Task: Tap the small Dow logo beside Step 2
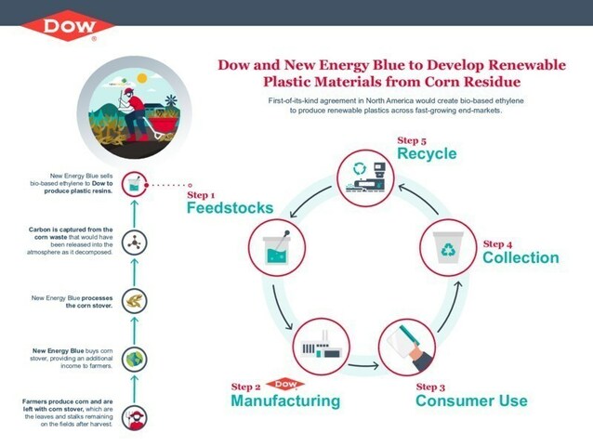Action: click(289, 383)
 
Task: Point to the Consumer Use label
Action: click(471, 400)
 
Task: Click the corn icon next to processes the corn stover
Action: click(136, 300)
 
